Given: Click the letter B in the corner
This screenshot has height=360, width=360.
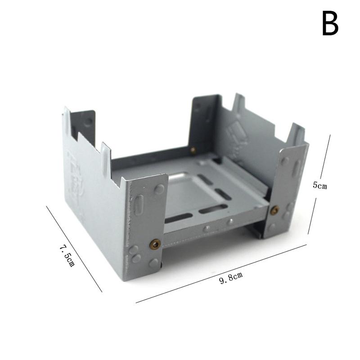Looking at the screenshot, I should (330, 23).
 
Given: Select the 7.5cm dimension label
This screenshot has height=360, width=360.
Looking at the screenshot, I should (67, 255).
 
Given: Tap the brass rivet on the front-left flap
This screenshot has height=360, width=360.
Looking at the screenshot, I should (155, 244).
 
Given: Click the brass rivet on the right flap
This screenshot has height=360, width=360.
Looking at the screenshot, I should (274, 210).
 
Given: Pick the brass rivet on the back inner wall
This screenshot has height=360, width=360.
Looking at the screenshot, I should (193, 150).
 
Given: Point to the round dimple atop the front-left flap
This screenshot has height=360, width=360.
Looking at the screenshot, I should (159, 189).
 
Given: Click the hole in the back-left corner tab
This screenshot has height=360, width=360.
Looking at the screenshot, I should (88, 121).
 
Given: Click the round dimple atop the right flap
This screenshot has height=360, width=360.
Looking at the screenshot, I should (285, 160).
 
